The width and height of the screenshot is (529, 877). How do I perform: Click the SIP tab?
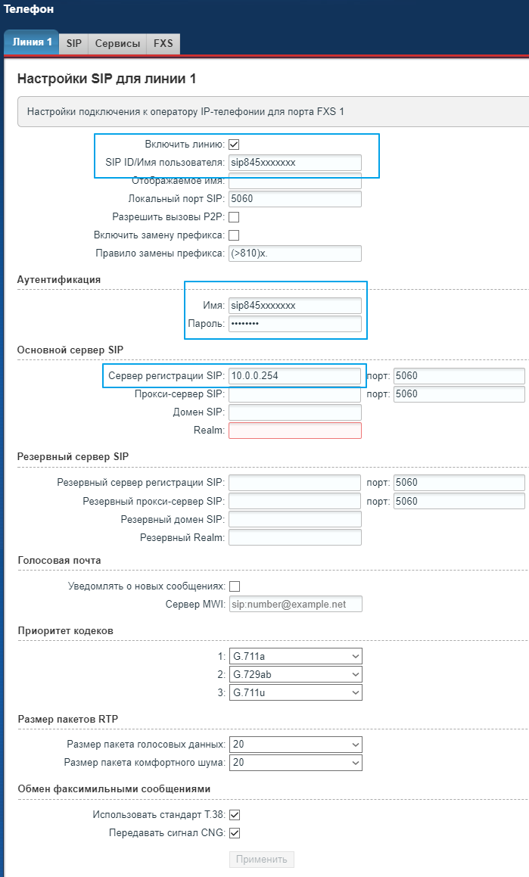coord(73,43)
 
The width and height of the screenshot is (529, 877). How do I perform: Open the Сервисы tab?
coord(117,43)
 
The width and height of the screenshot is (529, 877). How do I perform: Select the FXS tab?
coord(163,43)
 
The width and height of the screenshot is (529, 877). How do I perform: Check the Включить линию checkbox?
coord(234,145)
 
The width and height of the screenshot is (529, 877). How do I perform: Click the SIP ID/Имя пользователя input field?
coord(294,163)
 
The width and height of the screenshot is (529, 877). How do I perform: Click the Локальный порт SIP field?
coord(294,199)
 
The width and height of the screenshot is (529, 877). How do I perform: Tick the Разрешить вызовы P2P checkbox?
coord(234,217)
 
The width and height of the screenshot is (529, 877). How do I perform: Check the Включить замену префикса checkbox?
coord(234,235)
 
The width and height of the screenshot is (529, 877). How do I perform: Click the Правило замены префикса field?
coord(294,253)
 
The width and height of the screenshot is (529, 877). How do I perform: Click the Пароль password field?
coord(294,324)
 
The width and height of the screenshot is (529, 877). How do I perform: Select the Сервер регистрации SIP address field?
coord(294,375)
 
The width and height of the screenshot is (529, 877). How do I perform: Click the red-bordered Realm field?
coord(294,431)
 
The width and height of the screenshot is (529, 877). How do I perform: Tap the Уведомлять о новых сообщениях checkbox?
coord(234,586)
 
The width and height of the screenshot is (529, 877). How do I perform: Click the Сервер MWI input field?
coord(294,604)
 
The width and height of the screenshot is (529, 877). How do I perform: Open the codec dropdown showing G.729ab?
coord(295,674)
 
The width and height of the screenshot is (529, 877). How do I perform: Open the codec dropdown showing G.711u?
coord(295,692)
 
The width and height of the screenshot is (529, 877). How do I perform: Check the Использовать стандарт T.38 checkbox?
coord(234,815)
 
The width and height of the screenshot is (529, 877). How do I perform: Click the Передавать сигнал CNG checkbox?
coord(234,833)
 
